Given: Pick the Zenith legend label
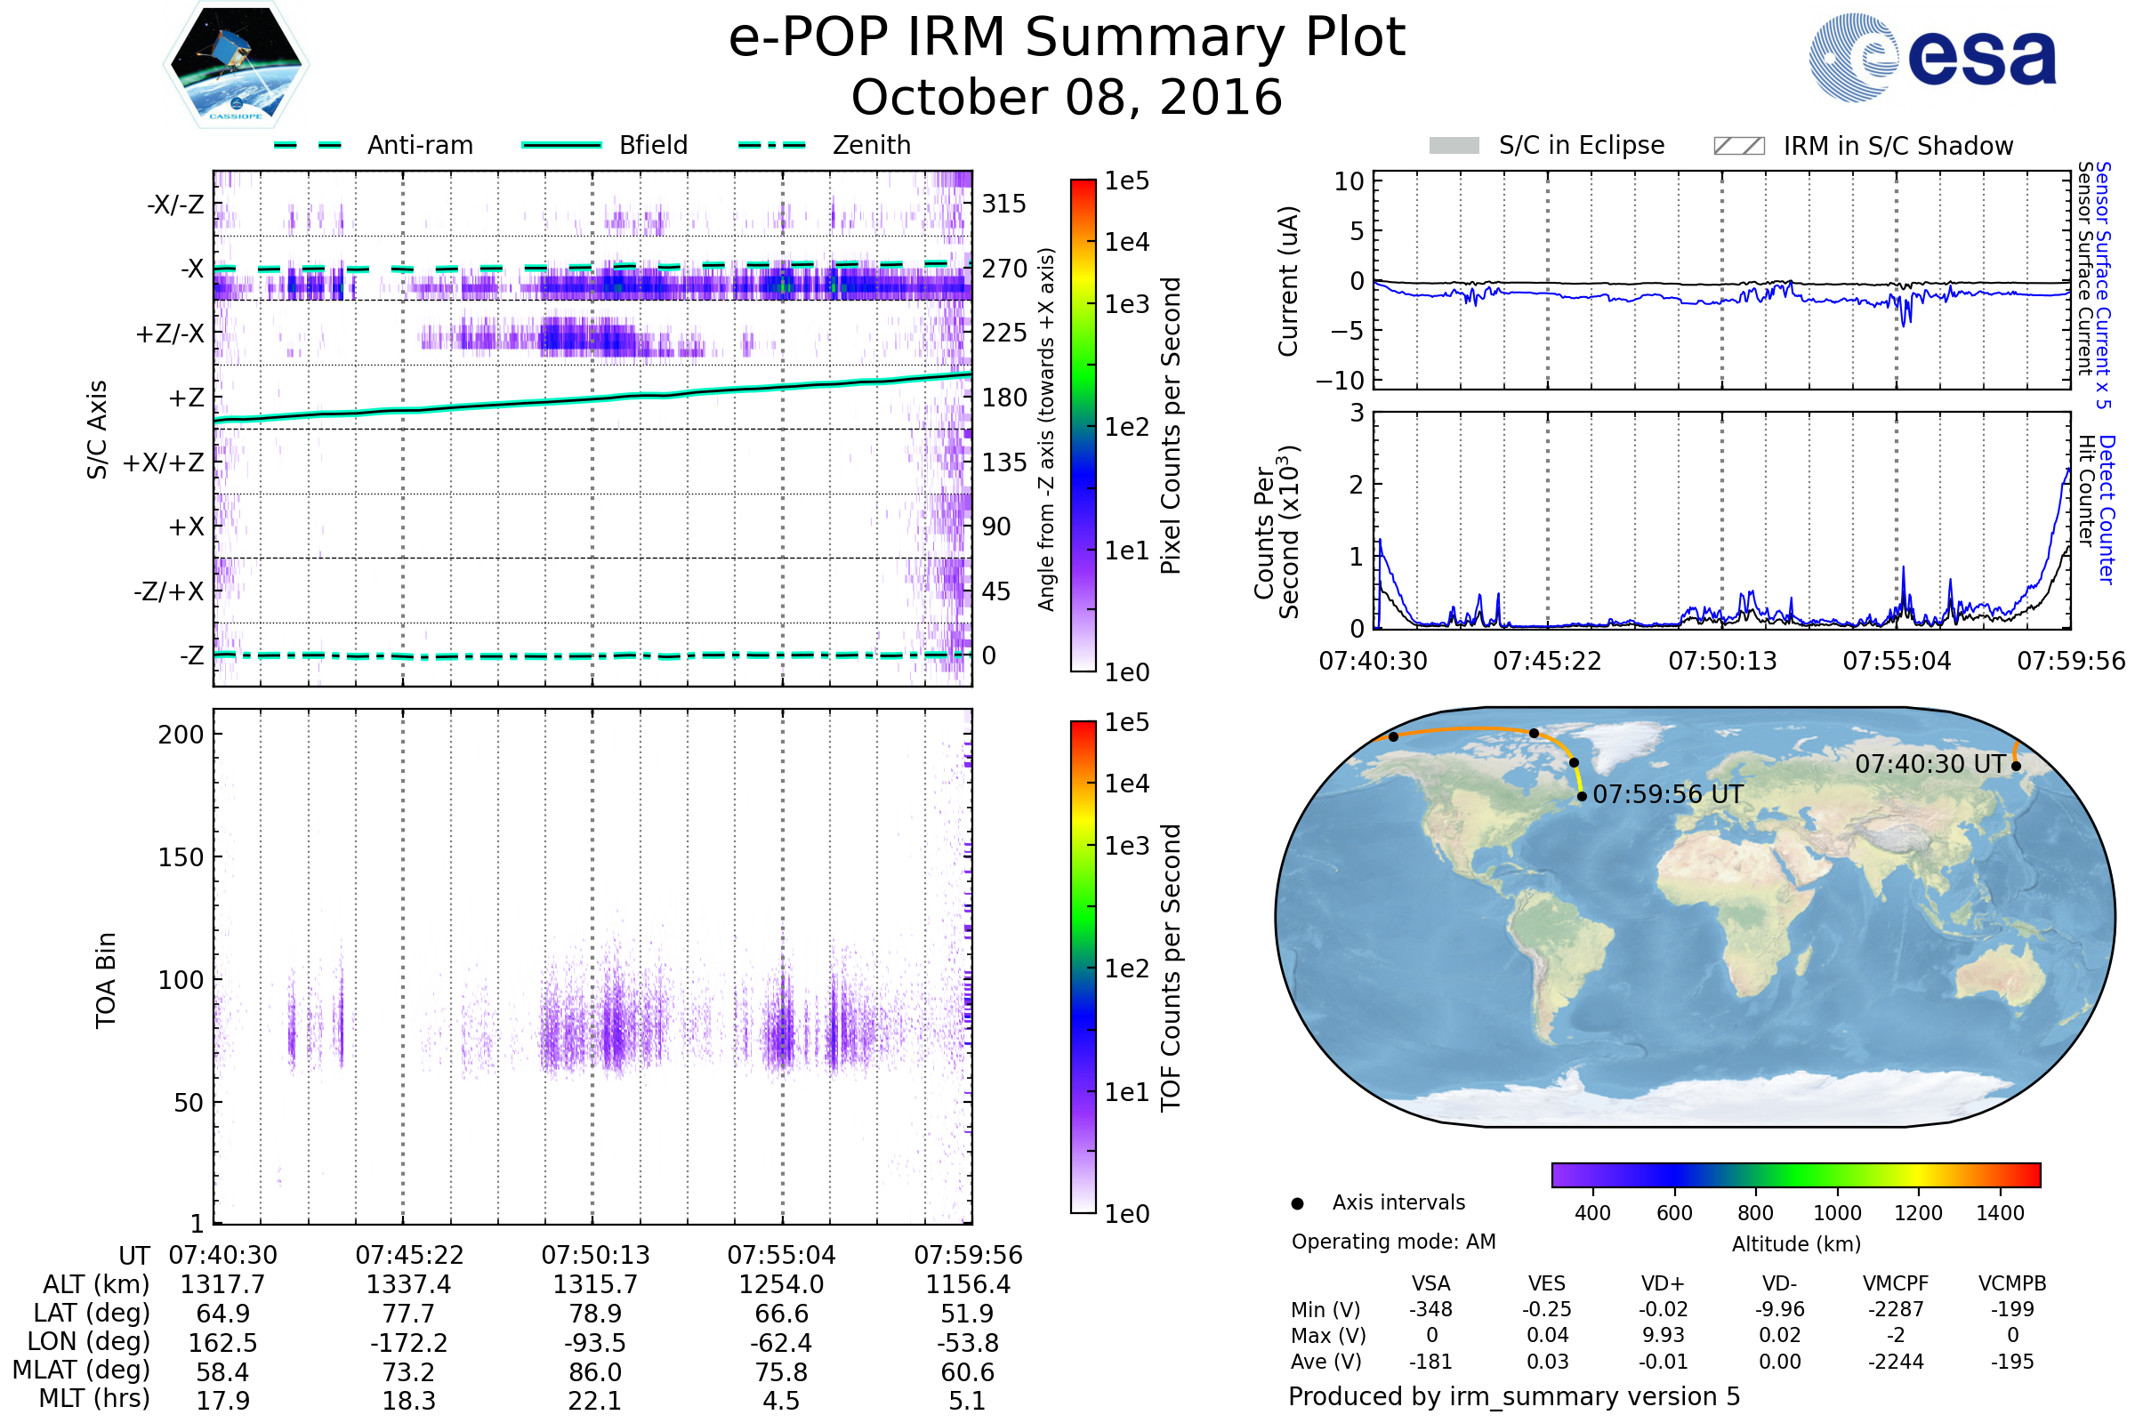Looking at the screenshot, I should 871,145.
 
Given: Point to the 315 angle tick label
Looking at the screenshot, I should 1003,205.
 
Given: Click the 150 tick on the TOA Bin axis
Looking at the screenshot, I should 181,857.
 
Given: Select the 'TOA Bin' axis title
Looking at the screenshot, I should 106,979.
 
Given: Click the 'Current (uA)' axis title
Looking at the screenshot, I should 1288,281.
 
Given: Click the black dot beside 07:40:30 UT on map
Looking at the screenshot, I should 2016,766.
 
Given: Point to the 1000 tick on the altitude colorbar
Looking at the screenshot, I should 1836,1213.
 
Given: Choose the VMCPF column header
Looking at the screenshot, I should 1896,1284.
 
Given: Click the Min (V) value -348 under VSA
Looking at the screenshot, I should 1430,1309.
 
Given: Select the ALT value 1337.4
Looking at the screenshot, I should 408,1285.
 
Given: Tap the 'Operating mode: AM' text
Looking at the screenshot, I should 1393,1242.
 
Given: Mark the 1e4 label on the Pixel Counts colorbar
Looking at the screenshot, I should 1126,242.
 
